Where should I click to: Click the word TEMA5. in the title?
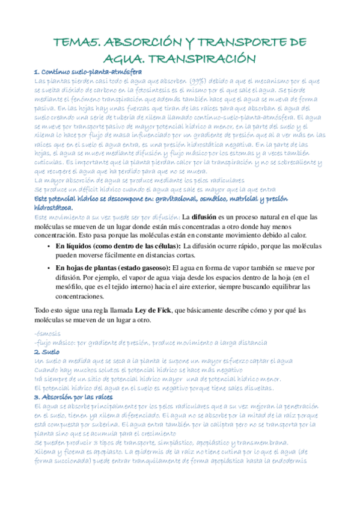pyautogui.click(x=77, y=42)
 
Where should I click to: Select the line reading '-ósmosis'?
pyautogui.click(x=47, y=333)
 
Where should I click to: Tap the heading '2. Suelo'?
pyautogui.click(x=46, y=351)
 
